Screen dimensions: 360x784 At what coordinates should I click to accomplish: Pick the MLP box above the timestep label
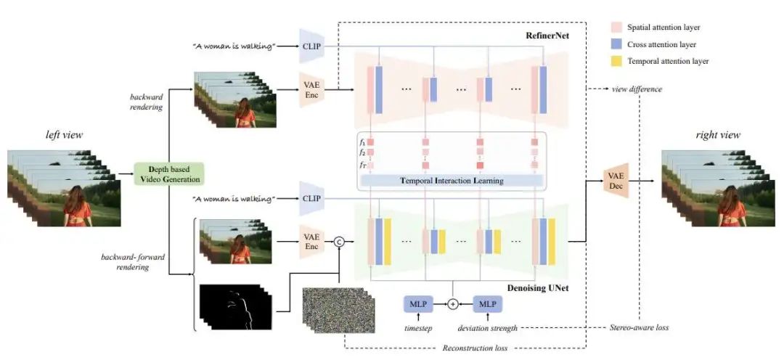(417, 303)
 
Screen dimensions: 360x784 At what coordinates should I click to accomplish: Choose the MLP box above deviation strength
(489, 303)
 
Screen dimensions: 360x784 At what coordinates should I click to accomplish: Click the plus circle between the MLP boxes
(453, 303)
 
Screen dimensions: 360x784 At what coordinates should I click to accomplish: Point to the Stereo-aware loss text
(637, 328)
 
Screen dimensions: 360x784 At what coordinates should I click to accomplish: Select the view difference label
(637, 89)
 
